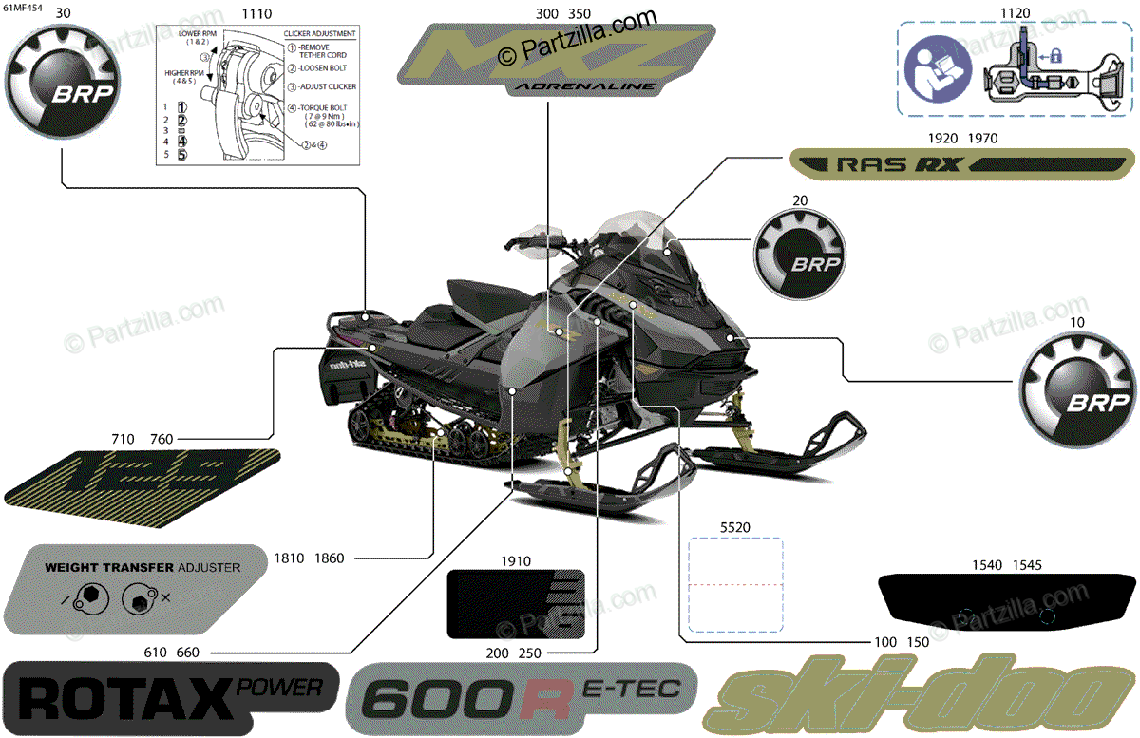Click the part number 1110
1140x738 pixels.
click(256, 14)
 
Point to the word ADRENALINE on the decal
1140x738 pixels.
click(583, 86)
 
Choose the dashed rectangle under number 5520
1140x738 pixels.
click(735, 584)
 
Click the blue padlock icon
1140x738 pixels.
click(1054, 56)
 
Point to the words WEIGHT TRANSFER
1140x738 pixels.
click(109, 567)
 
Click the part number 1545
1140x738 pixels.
click(1027, 565)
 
